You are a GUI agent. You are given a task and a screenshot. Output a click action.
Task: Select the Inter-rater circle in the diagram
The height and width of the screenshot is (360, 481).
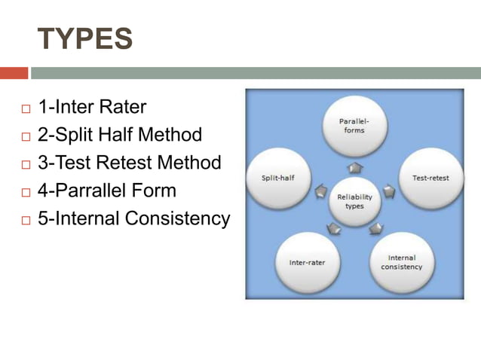307,263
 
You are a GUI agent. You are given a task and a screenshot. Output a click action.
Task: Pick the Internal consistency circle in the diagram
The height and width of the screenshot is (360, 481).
401,263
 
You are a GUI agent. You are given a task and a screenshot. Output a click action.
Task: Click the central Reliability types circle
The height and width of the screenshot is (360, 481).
354,201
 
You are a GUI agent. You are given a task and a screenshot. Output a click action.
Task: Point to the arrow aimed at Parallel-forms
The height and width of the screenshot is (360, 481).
354,167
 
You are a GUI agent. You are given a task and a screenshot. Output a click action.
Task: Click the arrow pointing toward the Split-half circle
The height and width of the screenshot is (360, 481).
321,191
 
